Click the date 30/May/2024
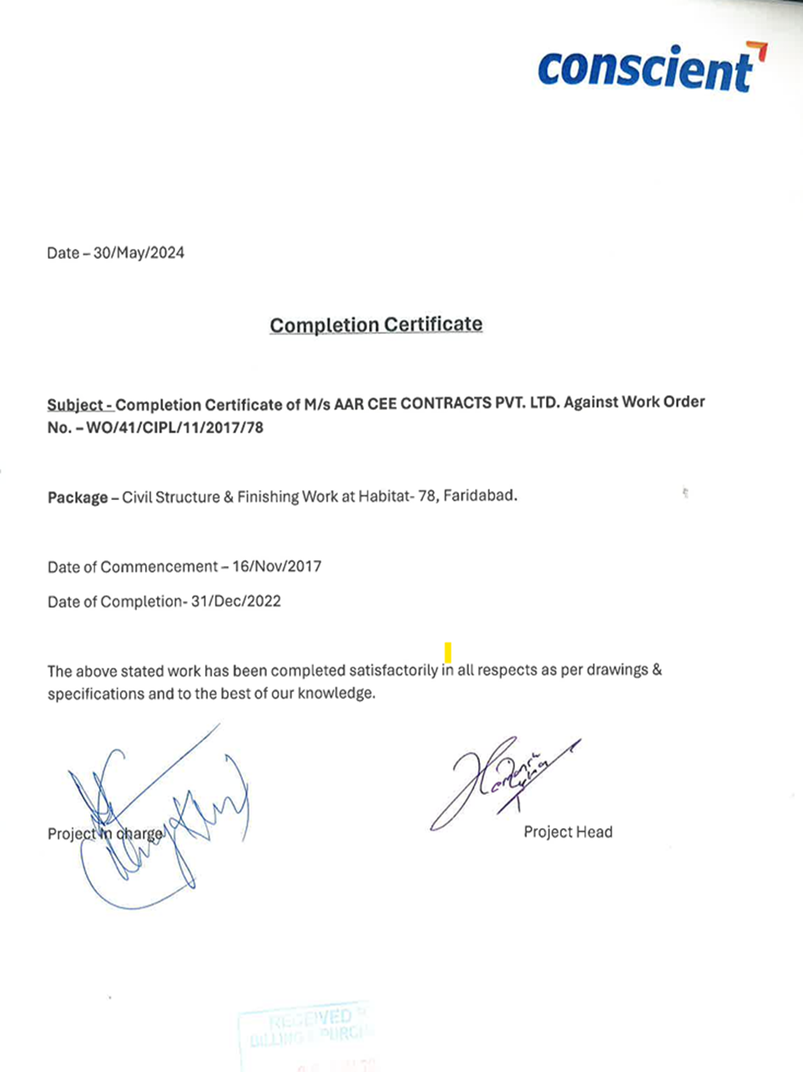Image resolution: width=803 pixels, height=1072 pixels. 139,253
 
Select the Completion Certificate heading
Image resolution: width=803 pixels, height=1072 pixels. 376,325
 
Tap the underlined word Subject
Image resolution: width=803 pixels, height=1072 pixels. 76,406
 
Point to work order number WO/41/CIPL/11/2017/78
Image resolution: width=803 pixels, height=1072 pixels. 180,428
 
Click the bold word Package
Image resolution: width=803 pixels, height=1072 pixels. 78,498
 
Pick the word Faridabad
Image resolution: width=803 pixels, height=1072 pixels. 479,495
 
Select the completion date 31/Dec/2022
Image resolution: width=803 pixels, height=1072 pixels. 235,601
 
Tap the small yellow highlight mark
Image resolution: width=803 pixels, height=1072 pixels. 448,652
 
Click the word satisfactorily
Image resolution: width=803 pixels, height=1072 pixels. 393,670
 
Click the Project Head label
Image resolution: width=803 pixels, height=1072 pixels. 568,832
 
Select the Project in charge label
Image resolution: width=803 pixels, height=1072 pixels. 105,833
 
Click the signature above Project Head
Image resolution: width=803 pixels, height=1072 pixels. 501,781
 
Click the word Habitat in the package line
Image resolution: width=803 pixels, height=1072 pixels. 386,496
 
